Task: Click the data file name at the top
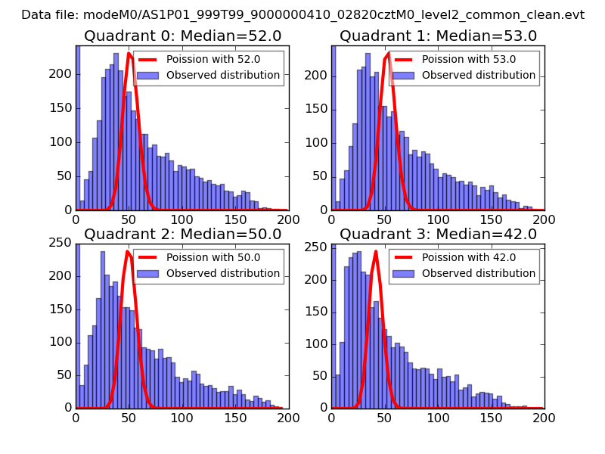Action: pyautogui.click(x=302, y=14)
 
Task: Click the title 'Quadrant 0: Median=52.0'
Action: pyautogui.click(x=181, y=36)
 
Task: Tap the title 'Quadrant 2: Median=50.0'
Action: pyautogui.click(x=181, y=234)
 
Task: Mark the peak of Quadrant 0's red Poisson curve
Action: pyautogui.click(x=129, y=54)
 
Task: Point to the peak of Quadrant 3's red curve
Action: pyautogui.click(x=376, y=251)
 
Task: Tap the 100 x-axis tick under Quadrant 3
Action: pyautogui.click(x=437, y=417)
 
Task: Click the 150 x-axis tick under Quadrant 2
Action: pyautogui.click(x=235, y=417)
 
